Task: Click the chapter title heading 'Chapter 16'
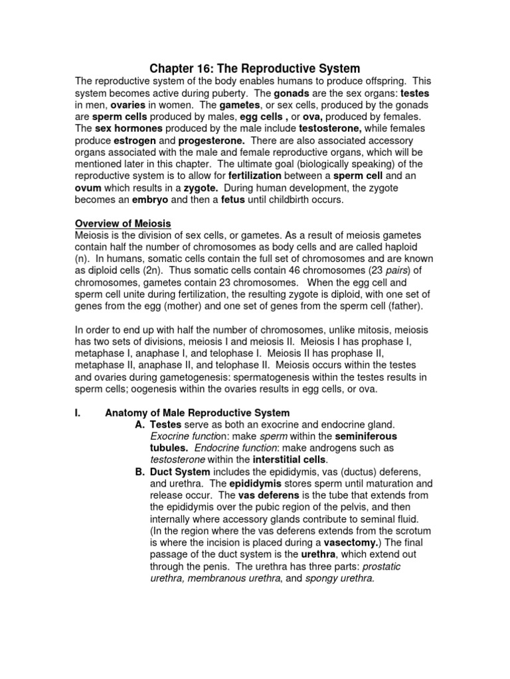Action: click(x=254, y=68)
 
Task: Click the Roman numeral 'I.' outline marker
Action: click(x=78, y=413)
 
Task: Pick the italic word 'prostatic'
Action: click(x=377, y=566)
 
